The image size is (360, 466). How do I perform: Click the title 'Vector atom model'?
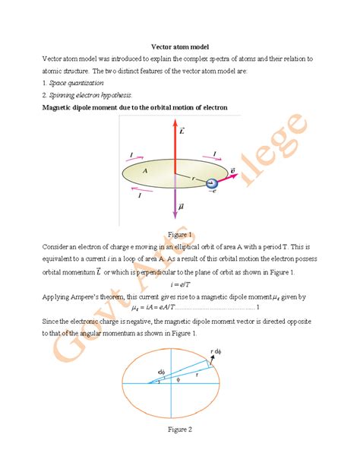pyautogui.click(x=179, y=46)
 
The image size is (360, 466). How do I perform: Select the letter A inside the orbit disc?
pyautogui.click(x=144, y=171)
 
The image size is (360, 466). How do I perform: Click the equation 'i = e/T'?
pyautogui.click(x=180, y=284)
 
